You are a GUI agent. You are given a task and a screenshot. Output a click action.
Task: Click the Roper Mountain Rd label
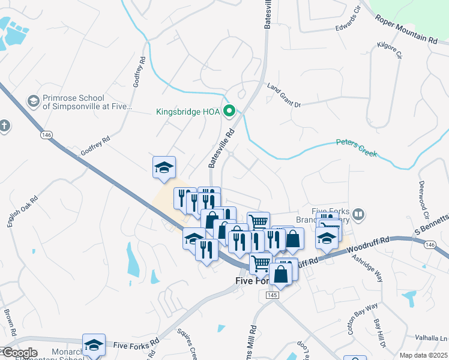pos(406,29)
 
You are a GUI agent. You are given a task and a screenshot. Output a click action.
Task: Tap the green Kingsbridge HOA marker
pos(229,111)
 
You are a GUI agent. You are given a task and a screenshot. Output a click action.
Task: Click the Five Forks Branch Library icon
pos(358,214)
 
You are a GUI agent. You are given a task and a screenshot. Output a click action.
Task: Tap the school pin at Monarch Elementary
pos(94,345)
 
